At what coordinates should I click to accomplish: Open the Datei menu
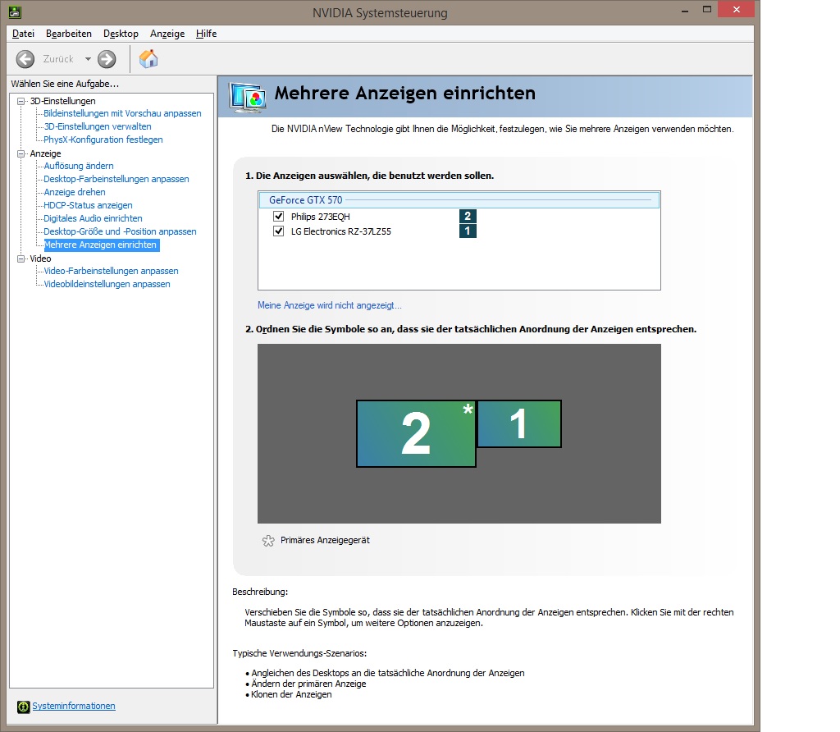[x=23, y=34]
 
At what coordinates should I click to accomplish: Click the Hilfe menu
[x=206, y=34]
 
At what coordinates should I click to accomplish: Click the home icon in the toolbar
[x=148, y=59]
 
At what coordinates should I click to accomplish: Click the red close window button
[x=736, y=10]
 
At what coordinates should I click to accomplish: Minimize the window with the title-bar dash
[x=685, y=11]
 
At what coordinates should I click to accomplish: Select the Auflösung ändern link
[x=79, y=166]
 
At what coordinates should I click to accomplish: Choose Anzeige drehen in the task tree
[x=75, y=192]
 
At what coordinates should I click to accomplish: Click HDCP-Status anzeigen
[x=88, y=205]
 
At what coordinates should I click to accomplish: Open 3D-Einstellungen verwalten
[x=98, y=126]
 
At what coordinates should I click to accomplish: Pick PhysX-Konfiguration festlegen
[x=103, y=140]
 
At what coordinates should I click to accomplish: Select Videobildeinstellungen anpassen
[x=107, y=284]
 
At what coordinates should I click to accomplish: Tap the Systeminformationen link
[x=74, y=706]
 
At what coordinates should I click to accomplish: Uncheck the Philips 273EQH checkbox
[x=279, y=217]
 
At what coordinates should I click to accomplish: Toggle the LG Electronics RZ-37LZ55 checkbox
[x=279, y=231]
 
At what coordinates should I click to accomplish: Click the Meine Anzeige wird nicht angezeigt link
[x=330, y=305]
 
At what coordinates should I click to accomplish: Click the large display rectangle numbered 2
[x=416, y=433]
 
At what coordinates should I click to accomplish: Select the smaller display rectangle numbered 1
[x=518, y=424]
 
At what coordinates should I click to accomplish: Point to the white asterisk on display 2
[x=468, y=409]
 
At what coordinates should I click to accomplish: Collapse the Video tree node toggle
[x=21, y=258]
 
